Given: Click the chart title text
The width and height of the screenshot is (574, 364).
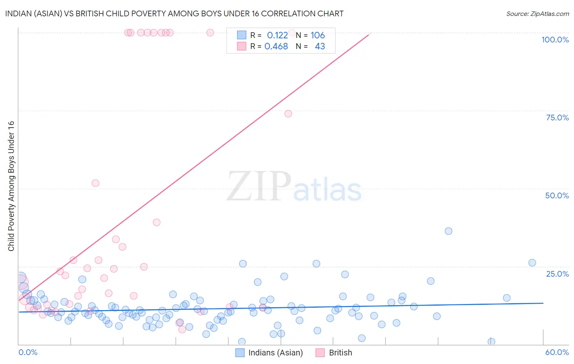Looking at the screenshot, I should tap(174, 13).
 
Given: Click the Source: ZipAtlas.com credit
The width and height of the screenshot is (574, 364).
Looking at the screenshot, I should tap(537, 13).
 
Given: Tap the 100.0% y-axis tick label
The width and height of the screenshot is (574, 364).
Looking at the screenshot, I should tap(555, 40).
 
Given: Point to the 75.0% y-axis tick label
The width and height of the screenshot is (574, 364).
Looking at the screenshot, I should tap(557, 118).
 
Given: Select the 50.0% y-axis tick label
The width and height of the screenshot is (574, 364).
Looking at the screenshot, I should tap(557, 195).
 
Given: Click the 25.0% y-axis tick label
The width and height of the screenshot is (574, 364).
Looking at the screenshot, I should tap(557, 274).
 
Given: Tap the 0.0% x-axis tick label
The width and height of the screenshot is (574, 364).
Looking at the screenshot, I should tap(28, 352).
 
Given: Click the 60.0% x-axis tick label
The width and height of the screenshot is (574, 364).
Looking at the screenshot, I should tap(557, 352).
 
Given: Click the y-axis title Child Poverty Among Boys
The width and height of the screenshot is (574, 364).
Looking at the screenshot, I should tap(11, 186).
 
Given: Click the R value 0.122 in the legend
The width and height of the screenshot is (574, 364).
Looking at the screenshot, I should tap(277, 36).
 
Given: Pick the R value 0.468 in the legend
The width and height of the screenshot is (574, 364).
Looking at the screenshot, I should tap(276, 47).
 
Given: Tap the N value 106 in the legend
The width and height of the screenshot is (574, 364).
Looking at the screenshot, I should tap(318, 36).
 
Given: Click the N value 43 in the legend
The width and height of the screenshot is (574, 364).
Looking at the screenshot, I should tap(320, 47).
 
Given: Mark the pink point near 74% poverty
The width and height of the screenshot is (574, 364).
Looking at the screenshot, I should tap(288, 114).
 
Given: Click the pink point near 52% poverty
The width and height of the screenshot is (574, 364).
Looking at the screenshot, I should tap(96, 183).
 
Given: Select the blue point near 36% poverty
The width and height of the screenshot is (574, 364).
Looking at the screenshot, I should tap(448, 231).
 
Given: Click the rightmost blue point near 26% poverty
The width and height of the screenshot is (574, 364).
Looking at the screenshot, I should tap(532, 263).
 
